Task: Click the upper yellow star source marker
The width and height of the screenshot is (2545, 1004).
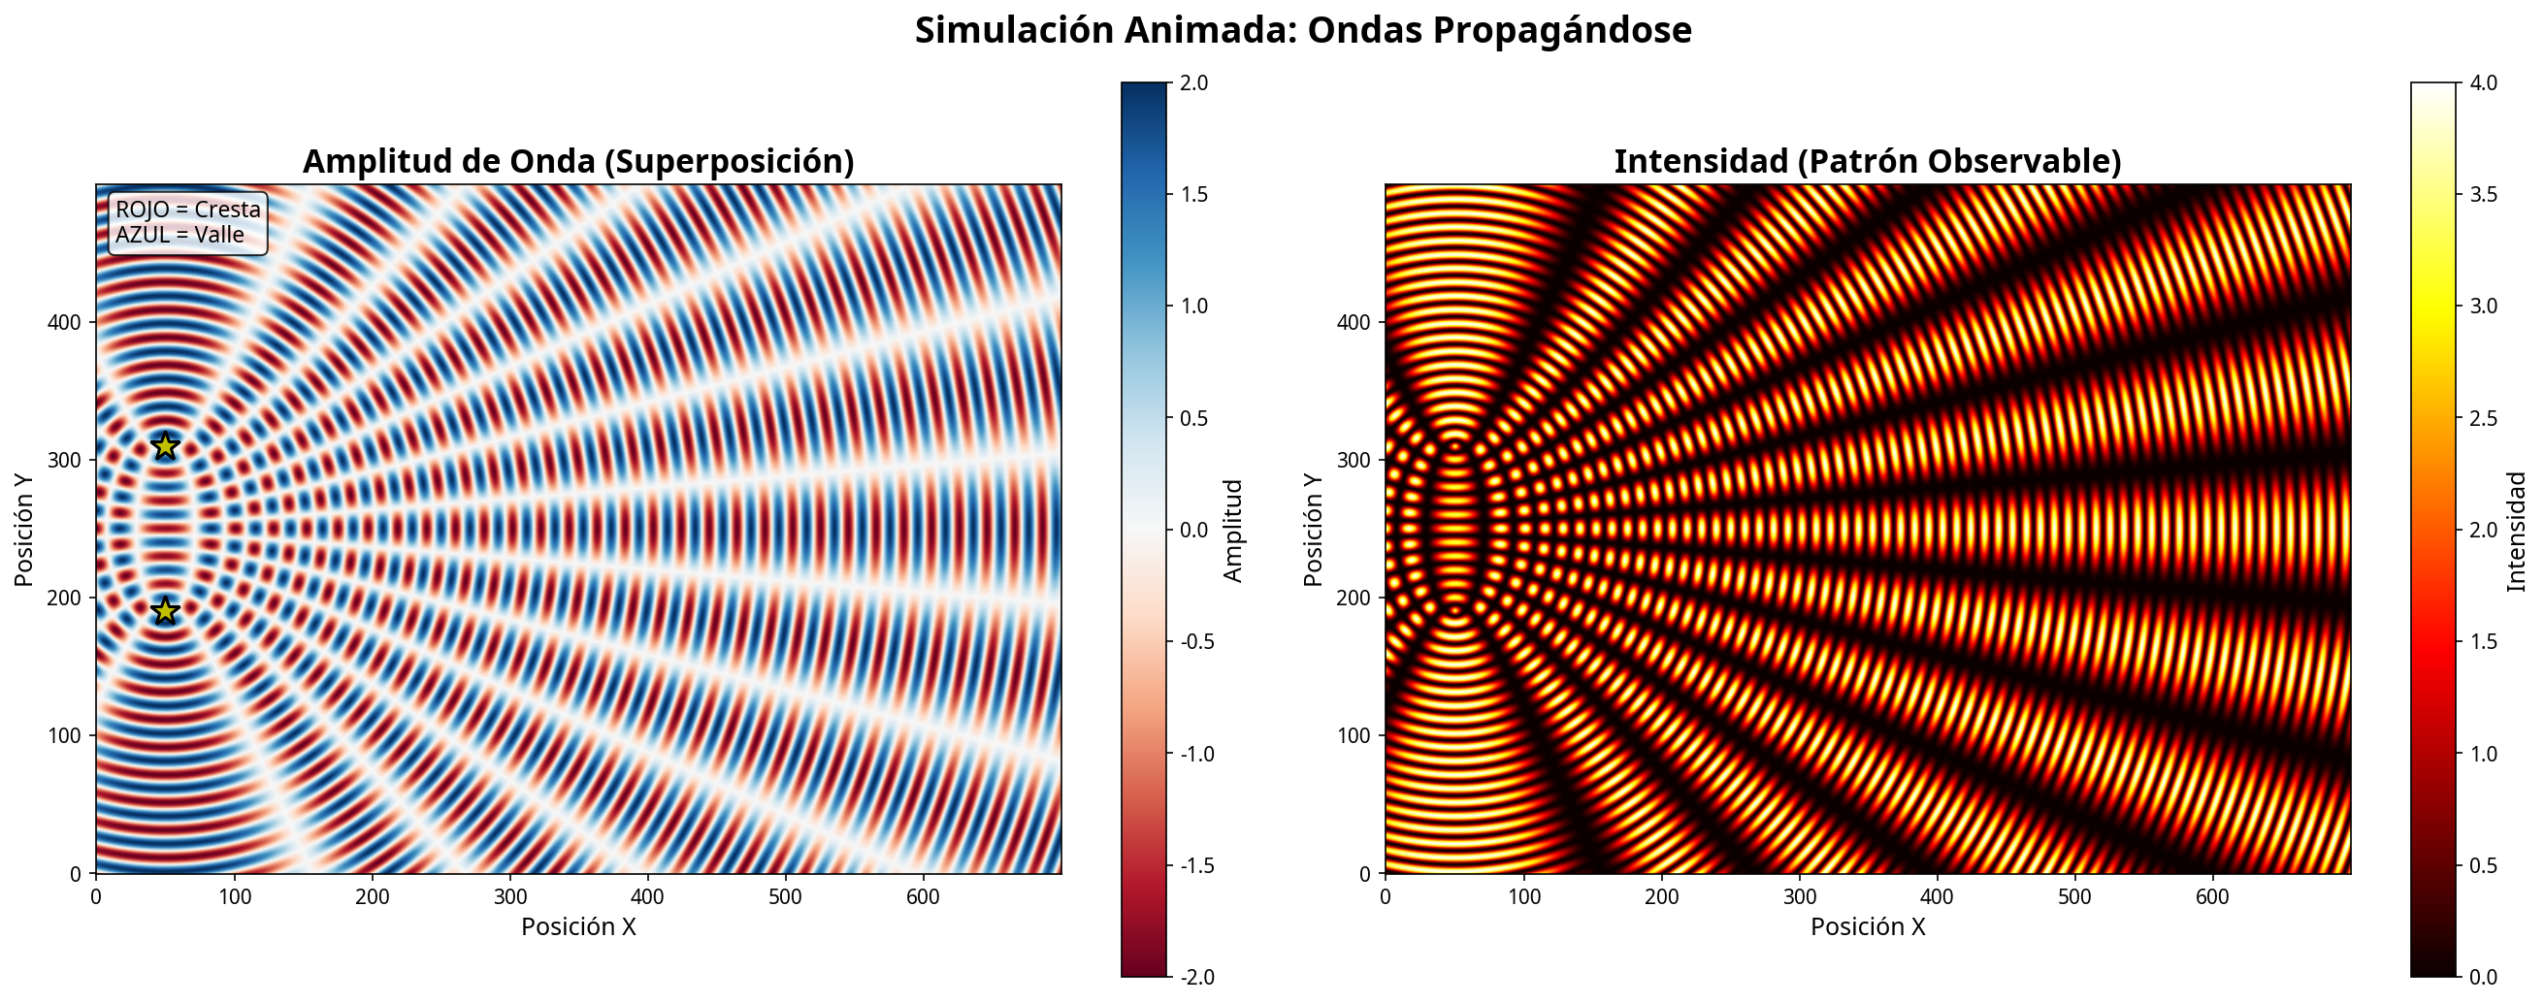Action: point(165,446)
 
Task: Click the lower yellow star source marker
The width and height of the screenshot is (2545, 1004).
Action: point(165,612)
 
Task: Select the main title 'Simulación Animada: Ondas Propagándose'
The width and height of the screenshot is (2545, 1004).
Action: point(1302,31)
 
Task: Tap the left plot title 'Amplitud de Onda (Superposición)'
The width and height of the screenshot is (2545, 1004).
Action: point(578,161)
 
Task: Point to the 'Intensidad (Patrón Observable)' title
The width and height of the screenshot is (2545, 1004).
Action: point(1867,161)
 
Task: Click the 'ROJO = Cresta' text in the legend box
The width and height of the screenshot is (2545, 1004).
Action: point(187,210)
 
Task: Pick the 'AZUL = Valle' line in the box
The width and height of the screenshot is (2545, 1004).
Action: point(179,235)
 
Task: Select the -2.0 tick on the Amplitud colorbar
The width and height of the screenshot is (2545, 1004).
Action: point(1195,977)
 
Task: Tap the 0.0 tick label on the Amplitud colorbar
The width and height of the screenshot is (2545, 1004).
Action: point(1193,530)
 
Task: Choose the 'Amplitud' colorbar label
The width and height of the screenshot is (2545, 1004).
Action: point(1233,530)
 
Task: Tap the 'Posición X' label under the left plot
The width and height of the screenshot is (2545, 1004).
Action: point(578,927)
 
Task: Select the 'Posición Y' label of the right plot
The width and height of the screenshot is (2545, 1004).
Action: point(1313,530)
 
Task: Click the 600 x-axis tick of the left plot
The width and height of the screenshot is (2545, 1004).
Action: point(923,896)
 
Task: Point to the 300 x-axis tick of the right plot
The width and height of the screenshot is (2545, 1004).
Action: point(1799,896)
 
